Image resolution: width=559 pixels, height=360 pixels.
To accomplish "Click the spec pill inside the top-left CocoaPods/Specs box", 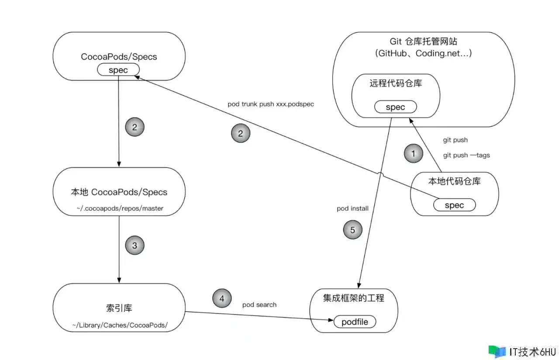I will pos(118,70).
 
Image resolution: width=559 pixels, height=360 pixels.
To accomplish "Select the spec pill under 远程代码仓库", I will pos(395,107).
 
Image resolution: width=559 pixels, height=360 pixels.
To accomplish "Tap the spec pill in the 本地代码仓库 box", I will pos(454,205).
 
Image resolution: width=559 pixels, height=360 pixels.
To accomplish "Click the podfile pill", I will pos(355,322).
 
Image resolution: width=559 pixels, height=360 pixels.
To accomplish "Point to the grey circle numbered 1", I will pos(414,153).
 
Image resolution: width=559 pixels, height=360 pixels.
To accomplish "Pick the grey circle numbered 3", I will pos(135,246).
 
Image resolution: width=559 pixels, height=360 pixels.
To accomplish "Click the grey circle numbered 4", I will pos(222,299).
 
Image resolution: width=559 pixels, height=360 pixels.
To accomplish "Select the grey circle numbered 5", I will pos(353,230).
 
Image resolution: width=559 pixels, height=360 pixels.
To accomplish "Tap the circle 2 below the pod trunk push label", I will pos(241,134).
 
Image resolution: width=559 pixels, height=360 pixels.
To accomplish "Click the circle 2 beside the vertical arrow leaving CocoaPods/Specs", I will pos(135,127).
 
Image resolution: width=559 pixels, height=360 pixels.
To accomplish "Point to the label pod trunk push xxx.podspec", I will pos(271,105).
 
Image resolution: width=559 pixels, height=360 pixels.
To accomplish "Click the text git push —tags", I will pos(466,155).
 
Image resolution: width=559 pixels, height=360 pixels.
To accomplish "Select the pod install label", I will pos(352,208).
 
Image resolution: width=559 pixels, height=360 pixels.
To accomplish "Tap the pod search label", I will pos(259,305).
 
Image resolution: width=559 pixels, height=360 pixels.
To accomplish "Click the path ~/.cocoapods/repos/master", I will pos(120,208).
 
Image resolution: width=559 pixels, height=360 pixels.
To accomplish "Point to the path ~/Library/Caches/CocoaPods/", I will pos(120,325).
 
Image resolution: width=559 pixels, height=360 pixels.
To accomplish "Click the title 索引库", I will pos(119,308).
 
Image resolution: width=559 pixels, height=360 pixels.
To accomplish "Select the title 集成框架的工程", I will pos(354,298).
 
